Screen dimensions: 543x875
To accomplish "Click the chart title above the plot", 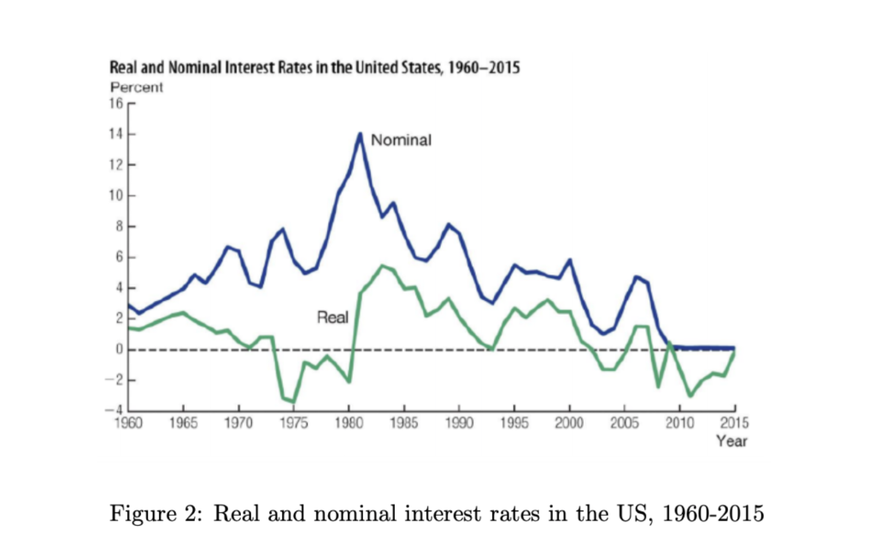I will tap(314, 68).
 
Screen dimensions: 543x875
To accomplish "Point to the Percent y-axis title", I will tap(137, 86).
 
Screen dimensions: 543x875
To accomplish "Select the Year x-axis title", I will tap(731, 441).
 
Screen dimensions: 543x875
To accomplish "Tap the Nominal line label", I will tap(402, 140).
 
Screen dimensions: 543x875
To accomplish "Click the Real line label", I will tap(332, 317).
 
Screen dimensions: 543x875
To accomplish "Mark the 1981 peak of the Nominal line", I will tap(360, 134).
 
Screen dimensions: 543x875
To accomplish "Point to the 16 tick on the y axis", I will tap(116, 103).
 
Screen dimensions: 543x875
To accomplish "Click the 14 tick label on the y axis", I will tap(116, 134).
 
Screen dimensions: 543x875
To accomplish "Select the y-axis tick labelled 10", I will tap(116, 196).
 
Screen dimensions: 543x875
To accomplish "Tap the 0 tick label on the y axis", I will tap(120, 349).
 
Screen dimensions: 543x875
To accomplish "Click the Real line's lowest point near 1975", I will tap(294, 402).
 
